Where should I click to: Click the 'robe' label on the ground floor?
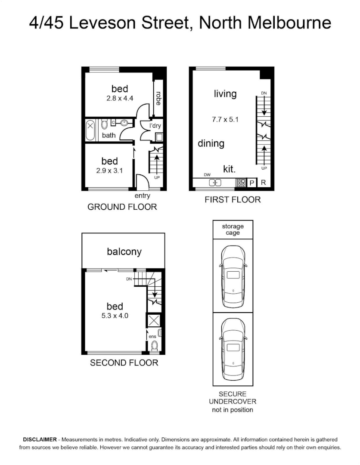click(158, 99)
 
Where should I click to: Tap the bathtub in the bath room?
click(90, 130)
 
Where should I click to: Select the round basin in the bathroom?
click(124, 122)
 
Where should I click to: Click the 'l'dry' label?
click(155, 126)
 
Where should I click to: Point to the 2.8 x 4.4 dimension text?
click(120, 99)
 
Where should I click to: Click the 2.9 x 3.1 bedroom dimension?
click(109, 171)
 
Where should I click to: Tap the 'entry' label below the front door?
click(143, 196)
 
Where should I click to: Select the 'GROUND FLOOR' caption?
click(122, 207)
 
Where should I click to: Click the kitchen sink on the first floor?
click(215, 183)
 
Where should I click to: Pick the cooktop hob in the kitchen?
click(241, 183)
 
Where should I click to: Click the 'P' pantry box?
click(252, 183)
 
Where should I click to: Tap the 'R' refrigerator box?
click(264, 183)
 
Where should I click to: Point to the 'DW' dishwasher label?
click(207, 175)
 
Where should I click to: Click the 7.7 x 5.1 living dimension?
click(225, 120)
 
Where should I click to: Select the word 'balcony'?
click(124, 252)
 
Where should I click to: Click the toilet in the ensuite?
click(155, 346)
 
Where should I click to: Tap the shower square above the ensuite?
click(154, 321)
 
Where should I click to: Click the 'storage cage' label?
click(233, 229)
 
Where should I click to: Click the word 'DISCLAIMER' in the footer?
click(40, 440)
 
